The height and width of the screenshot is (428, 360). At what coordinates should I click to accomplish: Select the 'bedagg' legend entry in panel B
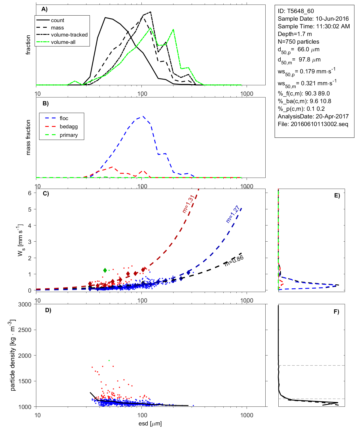coord(69,127)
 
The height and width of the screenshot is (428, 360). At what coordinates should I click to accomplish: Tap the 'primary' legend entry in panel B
coord(69,135)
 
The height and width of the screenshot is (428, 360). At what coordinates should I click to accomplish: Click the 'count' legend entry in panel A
coord(58,20)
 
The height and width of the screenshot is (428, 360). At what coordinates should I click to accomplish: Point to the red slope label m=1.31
coord(188,204)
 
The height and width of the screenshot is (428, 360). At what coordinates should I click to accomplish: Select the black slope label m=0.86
coord(234,261)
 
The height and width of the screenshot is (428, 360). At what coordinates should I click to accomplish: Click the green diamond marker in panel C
coord(105,270)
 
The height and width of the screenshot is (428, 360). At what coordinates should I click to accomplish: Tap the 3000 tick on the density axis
coord(25,305)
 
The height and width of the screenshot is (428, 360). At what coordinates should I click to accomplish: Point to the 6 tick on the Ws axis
coord(29,193)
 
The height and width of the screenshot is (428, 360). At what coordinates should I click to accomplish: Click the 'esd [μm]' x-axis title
coord(150,423)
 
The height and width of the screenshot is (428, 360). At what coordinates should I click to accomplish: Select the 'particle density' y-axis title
coord(13,355)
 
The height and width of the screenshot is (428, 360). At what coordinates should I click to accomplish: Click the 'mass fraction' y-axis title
coord(28,137)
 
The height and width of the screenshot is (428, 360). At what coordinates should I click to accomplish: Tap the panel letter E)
coord(337,195)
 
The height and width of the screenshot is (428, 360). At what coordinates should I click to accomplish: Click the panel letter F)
coord(336,312)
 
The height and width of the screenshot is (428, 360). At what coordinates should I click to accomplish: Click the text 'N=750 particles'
coord(298,42)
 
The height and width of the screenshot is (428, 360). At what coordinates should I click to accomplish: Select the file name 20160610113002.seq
coord(319,124)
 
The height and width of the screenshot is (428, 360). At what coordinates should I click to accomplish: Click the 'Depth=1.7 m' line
coord(295,34)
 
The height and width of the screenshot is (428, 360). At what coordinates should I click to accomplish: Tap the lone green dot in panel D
coord(109,361)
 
